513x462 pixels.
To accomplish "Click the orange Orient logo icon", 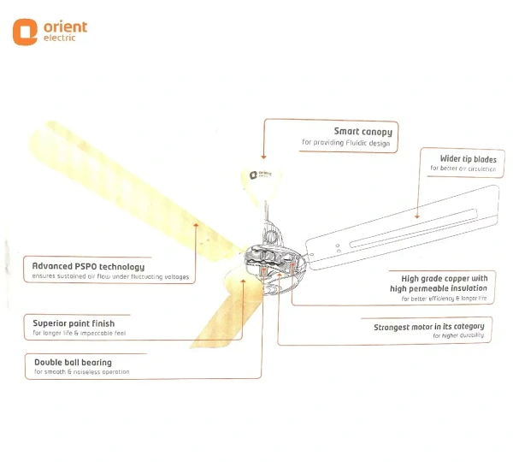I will coord(25,32).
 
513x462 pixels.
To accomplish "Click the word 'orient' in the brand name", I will coord(65,27).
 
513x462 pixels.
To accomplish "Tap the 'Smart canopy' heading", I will coord(363,132).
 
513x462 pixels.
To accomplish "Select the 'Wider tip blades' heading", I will coord(467,158).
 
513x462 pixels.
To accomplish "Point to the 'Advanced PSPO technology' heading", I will coord(89,266).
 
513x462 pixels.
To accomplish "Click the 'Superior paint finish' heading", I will coord(74,323).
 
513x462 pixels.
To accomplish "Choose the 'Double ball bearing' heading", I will coord(73,363).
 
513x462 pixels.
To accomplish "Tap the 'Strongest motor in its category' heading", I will coord(429,326).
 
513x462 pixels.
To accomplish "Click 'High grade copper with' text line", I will coord(445,278).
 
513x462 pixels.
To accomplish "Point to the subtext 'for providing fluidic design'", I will coord(346,143).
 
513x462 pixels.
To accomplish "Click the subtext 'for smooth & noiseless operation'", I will coord(81,372).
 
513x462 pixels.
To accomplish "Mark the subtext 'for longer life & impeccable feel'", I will coord(79,333).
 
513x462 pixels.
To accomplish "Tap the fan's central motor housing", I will coord(273,257).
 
